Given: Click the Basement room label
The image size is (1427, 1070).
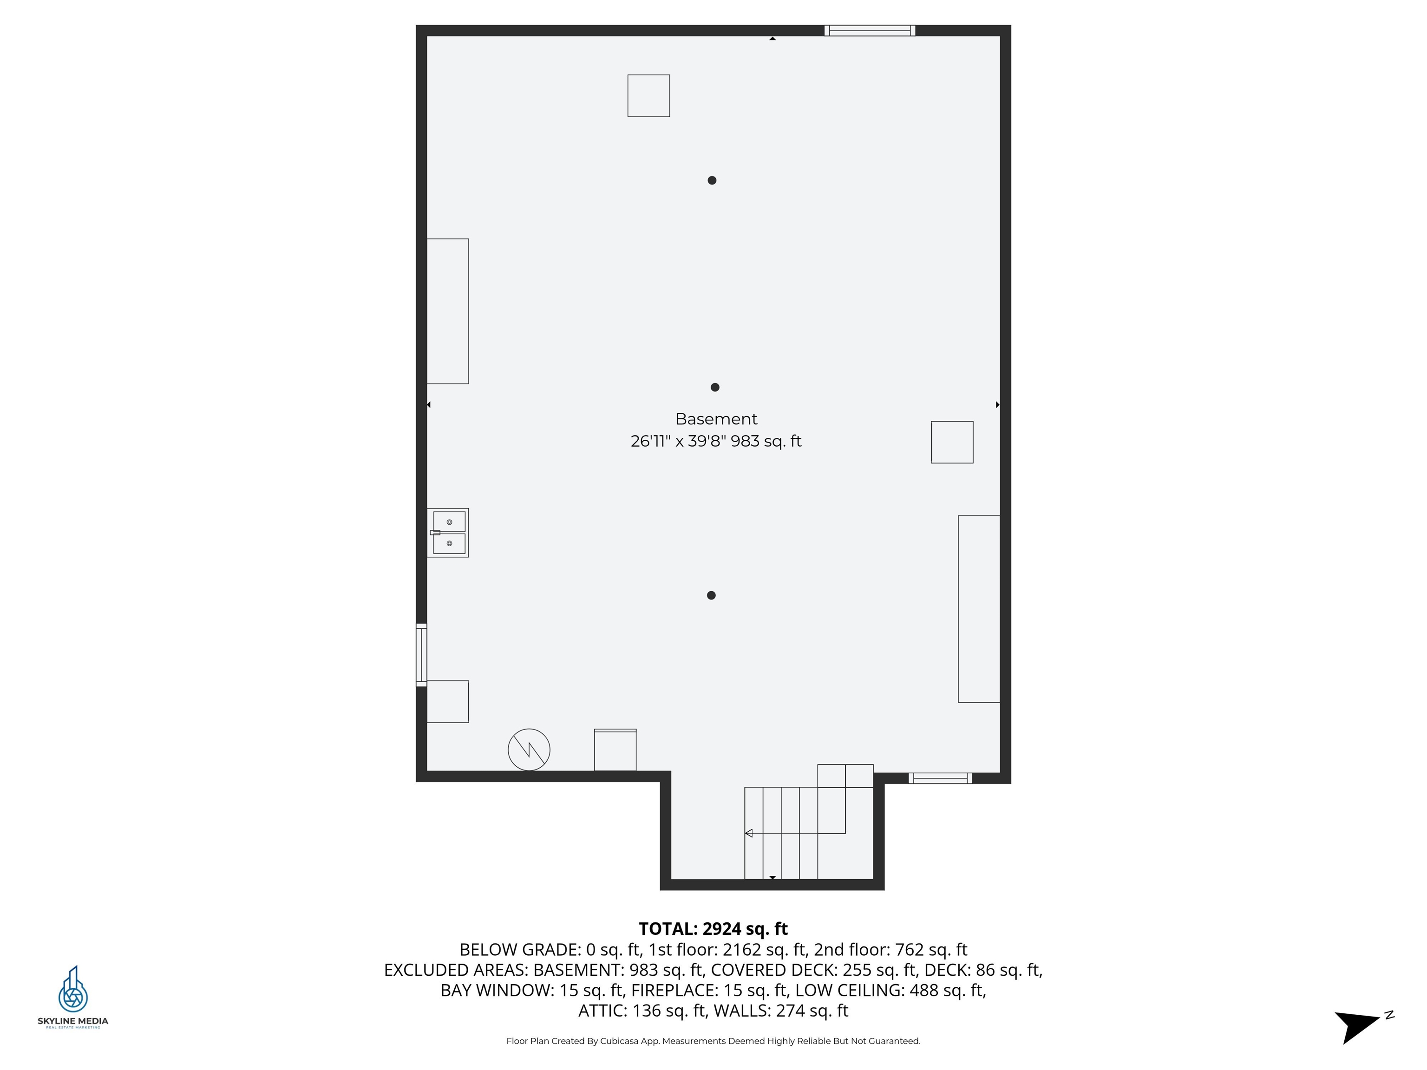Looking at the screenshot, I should pos(716,419).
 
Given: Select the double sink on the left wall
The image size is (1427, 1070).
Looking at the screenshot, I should pos(448,533).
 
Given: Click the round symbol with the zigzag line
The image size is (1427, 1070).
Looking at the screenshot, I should pos(529,750).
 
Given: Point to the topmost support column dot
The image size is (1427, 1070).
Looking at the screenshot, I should pos(712,181).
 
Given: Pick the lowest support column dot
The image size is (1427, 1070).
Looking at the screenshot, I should pos(712,595).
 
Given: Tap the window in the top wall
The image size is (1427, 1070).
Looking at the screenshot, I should pos(870,30).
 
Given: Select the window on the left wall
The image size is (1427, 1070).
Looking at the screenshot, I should pos(421,655).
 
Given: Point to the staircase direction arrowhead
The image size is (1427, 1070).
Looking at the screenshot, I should pos(749,833).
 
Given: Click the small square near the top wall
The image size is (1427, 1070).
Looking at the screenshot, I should pos(648,96).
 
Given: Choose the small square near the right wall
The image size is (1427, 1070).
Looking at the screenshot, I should pos(952,443).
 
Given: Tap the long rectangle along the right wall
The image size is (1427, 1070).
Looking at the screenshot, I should pos(979,609).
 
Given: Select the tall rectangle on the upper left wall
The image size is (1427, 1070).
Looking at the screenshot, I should pos(448,312).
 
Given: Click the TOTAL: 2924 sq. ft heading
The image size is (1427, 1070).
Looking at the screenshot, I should pos(713,929).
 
